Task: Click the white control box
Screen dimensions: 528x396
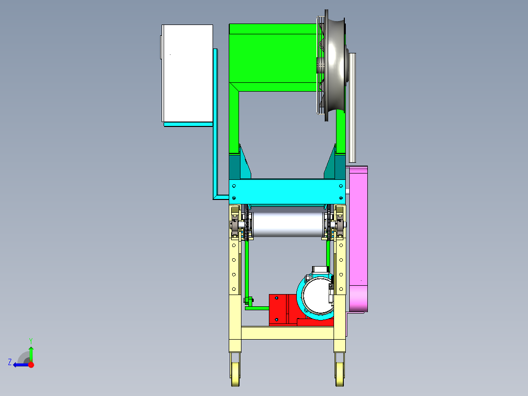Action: [x=187, y=73]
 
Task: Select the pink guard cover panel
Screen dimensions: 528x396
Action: [x=359, y=239]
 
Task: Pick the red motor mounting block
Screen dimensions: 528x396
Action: [x=283, y=310]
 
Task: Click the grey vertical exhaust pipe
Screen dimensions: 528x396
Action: [x=352, y=107]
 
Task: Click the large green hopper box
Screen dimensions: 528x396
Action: [x=273, y=57]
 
